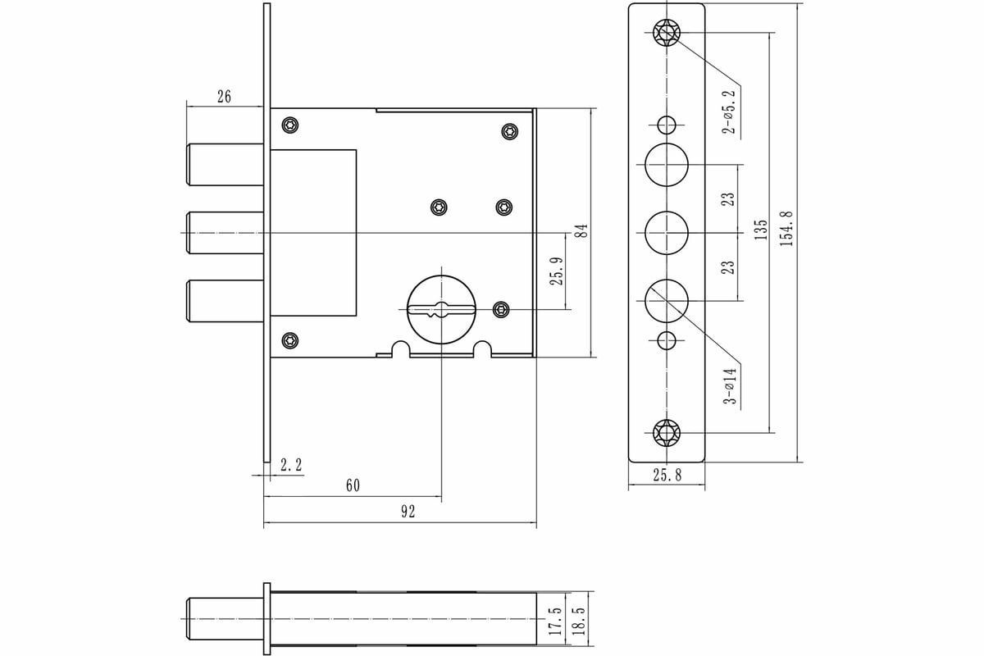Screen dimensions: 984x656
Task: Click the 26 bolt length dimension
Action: (224, 97)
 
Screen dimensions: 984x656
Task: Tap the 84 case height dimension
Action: (581, 230)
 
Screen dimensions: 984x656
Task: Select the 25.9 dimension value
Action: (555, 272)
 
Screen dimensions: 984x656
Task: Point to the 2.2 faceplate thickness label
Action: (291, 465)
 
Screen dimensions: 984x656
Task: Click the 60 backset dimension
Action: (353, 485)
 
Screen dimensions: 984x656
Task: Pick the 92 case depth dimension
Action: (408, 512)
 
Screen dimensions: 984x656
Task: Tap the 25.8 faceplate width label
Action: (667, 476)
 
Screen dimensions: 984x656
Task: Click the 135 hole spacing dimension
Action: (761, 229)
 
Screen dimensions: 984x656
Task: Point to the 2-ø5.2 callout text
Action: (729, 112)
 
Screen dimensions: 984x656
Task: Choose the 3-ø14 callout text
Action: (729, 386)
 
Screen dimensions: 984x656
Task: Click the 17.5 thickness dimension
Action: (555, 622)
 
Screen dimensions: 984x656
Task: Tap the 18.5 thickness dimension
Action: (580, 622)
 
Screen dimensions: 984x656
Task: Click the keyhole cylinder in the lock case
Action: (441, 309)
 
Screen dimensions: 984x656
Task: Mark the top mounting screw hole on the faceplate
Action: (667, 33)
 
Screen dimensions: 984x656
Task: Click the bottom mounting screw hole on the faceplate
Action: (667, 432)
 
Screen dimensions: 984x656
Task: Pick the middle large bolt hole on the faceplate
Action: (667, 233)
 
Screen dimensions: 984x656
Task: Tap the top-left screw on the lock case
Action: (290, 125)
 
